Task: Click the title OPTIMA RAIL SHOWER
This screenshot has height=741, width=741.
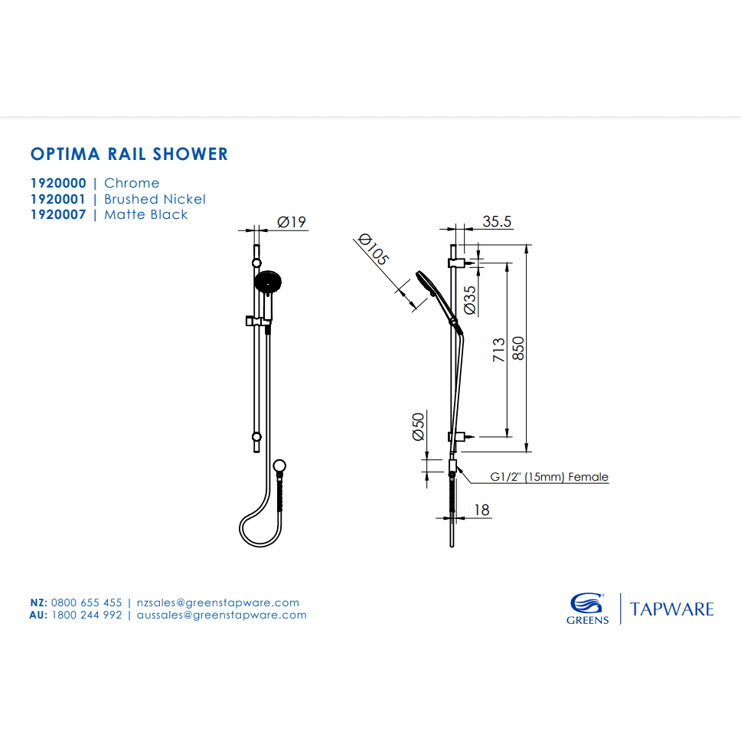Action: (129, 154)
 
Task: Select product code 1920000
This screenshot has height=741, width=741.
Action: (58, 183)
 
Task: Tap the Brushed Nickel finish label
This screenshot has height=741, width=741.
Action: (155, 199)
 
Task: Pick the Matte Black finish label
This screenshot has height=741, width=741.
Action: (145, 215)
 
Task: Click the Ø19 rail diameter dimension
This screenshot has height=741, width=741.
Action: (292, 222)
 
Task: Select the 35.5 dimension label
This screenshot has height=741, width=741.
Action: (497, 222)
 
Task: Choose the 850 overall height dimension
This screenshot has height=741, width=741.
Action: (518, 348)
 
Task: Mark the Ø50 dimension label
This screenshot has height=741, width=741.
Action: (418, 426)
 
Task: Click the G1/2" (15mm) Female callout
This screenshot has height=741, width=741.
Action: (549, 477)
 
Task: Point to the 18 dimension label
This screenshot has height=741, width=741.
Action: (481, 510)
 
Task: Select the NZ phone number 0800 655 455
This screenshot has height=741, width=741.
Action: (87, 602)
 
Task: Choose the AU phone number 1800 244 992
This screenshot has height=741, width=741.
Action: (87, 615)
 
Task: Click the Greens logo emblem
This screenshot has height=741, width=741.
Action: (587, 602)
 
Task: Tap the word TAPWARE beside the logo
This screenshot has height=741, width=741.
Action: (671, 609)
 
